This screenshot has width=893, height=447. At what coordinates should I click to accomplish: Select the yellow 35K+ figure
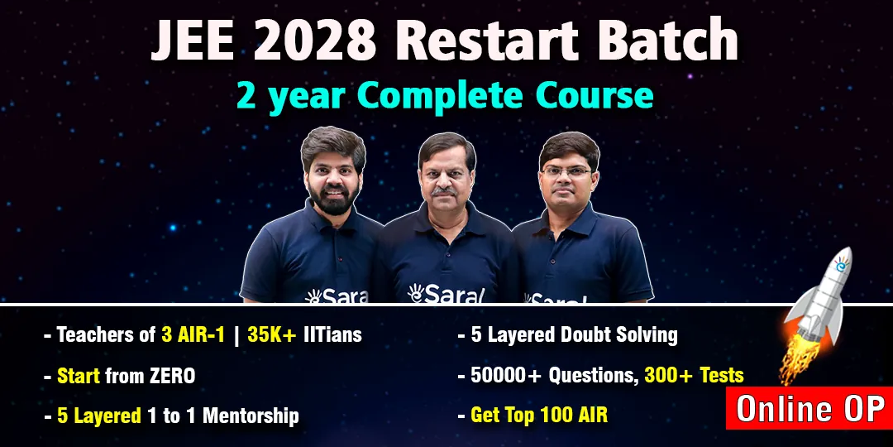[x=272, y=334]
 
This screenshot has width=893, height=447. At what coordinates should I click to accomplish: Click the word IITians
[x=334, y=334]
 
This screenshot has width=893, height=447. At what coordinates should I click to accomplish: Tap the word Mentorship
[x=251, y=416]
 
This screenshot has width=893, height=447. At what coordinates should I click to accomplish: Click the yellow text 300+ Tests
[x=695, y=375]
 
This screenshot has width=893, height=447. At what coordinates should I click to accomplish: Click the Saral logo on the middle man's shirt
[x=446, y=293]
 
